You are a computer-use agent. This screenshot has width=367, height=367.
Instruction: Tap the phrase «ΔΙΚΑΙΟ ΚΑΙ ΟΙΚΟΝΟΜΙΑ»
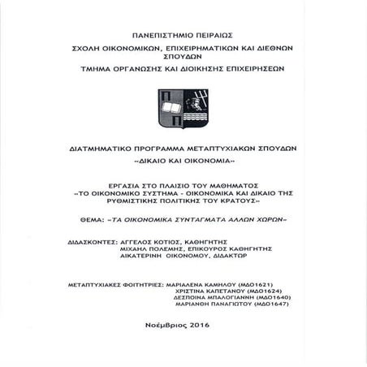[183, 163]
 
